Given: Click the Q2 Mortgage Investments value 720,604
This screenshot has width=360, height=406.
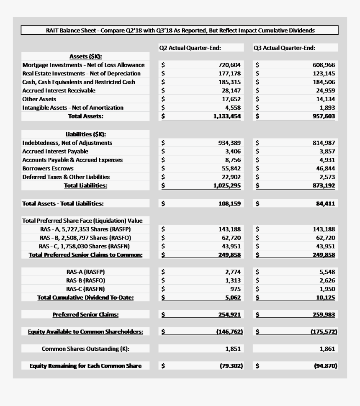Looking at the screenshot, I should click(x=229, y=65).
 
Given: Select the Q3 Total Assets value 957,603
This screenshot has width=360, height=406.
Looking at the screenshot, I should click(x=324, y=116).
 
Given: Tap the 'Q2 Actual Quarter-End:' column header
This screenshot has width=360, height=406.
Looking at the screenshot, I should click(x=190, y=48).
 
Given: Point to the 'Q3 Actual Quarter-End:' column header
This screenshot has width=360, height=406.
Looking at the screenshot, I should click(x=284, y=48).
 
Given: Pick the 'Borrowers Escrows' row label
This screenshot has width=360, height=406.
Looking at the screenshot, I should click(x=48, y=168).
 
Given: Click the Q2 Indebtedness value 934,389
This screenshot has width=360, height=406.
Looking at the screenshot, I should click(x=229, y=143).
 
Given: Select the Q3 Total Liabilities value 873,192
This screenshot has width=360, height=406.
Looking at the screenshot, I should click(x=324, y=185).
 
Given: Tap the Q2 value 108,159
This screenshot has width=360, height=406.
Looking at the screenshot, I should click(x=229, y=204).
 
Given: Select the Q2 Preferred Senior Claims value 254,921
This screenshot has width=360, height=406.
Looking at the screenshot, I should click(x=229, y=315).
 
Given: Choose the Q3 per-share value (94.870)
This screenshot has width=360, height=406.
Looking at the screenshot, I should click(x=325, y=366).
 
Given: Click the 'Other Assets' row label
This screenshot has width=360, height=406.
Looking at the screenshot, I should click(x=39, y=99).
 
